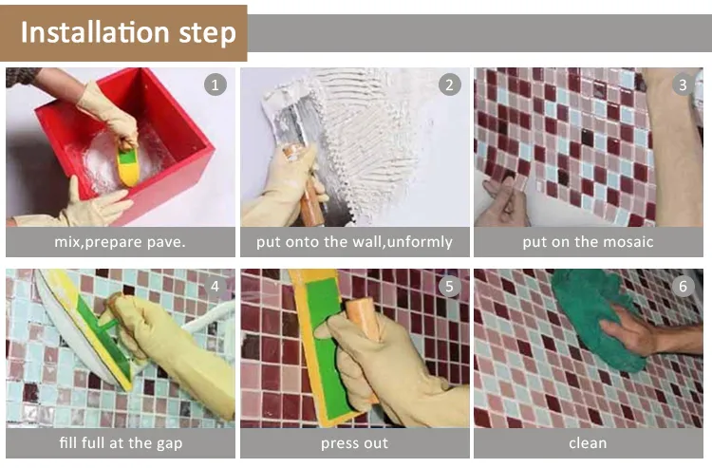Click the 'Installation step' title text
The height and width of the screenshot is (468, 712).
128,32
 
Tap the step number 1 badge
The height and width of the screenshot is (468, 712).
215,84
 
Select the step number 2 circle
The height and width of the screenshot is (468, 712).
450,84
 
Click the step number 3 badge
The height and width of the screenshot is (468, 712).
683,84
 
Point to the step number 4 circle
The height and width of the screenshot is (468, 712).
215,286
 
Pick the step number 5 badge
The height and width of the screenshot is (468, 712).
450,286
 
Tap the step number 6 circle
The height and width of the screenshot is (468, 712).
683,286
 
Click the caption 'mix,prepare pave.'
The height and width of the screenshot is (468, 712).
120,242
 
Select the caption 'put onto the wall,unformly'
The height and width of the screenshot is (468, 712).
354,242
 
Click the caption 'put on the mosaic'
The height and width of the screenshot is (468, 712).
588,242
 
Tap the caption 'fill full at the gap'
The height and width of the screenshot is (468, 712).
121,443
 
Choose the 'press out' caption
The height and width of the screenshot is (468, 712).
355,443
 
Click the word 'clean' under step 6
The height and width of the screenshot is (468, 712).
588,443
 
